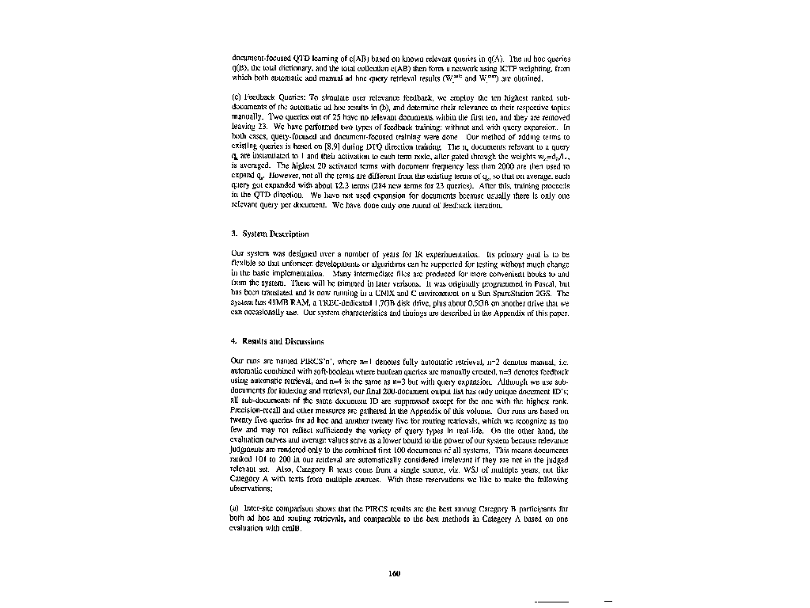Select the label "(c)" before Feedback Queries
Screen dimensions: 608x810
click(x=235, y=96)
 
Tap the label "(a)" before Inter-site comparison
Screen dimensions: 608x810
click(x=235, y=504)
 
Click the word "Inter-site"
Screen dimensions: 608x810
click(x=260, y=504)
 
